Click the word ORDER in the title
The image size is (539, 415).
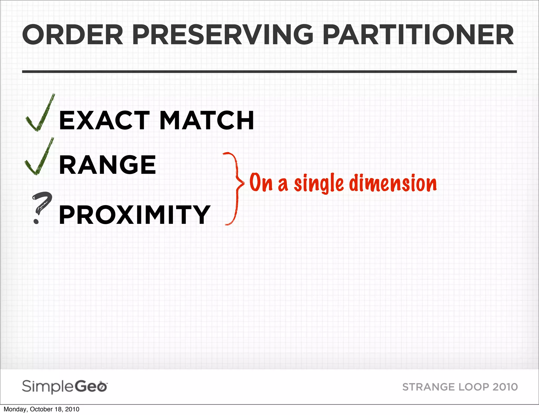73,35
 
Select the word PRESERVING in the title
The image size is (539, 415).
223,35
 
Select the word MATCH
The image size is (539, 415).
207,120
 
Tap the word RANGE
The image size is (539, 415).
108,165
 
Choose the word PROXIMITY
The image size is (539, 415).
134,215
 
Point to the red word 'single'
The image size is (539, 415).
318,183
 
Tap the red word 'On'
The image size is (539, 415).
261,182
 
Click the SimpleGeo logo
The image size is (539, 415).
64,387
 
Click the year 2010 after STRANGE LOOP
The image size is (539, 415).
505,387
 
